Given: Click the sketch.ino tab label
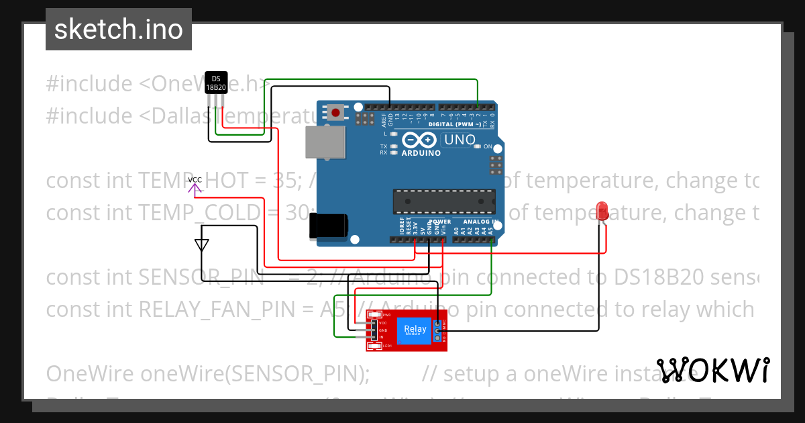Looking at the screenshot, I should point(118,30).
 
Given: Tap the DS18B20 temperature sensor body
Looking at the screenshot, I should point(215,82).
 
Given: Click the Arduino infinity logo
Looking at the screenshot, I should point(421,140).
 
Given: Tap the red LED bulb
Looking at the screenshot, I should point(602,210).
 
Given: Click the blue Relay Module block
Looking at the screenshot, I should point(415,330).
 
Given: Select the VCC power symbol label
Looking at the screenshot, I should point(195,180).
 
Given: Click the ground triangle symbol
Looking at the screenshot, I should point(201,244).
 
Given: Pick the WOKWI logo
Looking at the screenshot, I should point(712,370).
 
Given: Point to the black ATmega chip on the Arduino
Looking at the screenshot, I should point(444,200).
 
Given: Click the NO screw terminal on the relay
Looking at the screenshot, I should point(438,338).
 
